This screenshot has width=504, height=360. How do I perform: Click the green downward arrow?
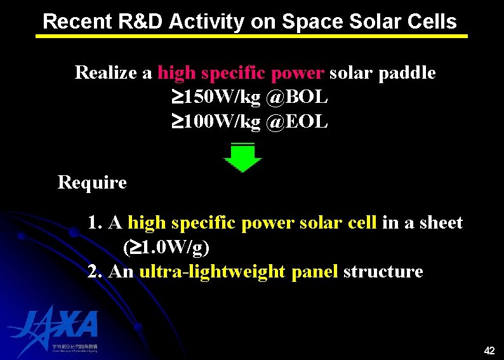coord(242,157)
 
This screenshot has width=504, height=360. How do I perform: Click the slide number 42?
coord(489,350)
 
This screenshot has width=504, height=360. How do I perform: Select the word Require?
coord(92,183)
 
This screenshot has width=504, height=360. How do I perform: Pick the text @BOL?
coord(298,97)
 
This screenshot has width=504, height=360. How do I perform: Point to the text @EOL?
coord(298,121)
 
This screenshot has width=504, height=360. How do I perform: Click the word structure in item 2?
coord(383,272)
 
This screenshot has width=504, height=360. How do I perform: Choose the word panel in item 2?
coord(314,272)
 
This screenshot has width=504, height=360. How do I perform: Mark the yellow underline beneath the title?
coord(251,36)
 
